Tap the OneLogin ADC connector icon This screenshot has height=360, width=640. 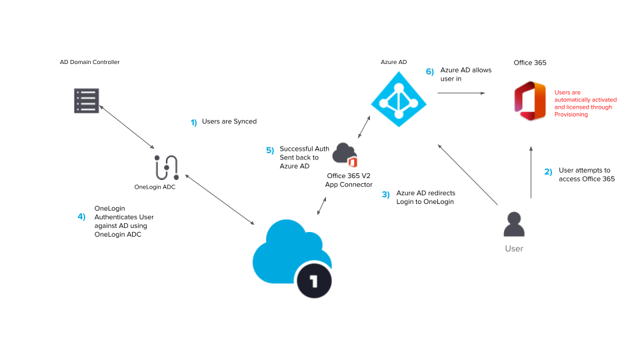pos(165,168)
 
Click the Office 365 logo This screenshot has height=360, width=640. pos(529,101)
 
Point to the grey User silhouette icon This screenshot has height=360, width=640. pos(513,225)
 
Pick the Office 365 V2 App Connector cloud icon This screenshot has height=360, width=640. pos(344,155)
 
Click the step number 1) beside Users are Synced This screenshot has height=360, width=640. pos(194,123)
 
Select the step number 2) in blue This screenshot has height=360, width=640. pos(547,172)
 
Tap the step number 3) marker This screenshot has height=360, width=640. pos(385,195)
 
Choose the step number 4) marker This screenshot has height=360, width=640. pos(81,217)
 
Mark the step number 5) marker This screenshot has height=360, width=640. pos(270,151)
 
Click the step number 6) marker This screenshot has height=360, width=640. pos(430,71)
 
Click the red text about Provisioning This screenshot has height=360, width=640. pos(583,103)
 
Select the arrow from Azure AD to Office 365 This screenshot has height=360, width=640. pos(461,93)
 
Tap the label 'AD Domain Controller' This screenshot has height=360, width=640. pos(89,62)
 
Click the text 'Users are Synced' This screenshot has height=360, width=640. pos(229,122)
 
